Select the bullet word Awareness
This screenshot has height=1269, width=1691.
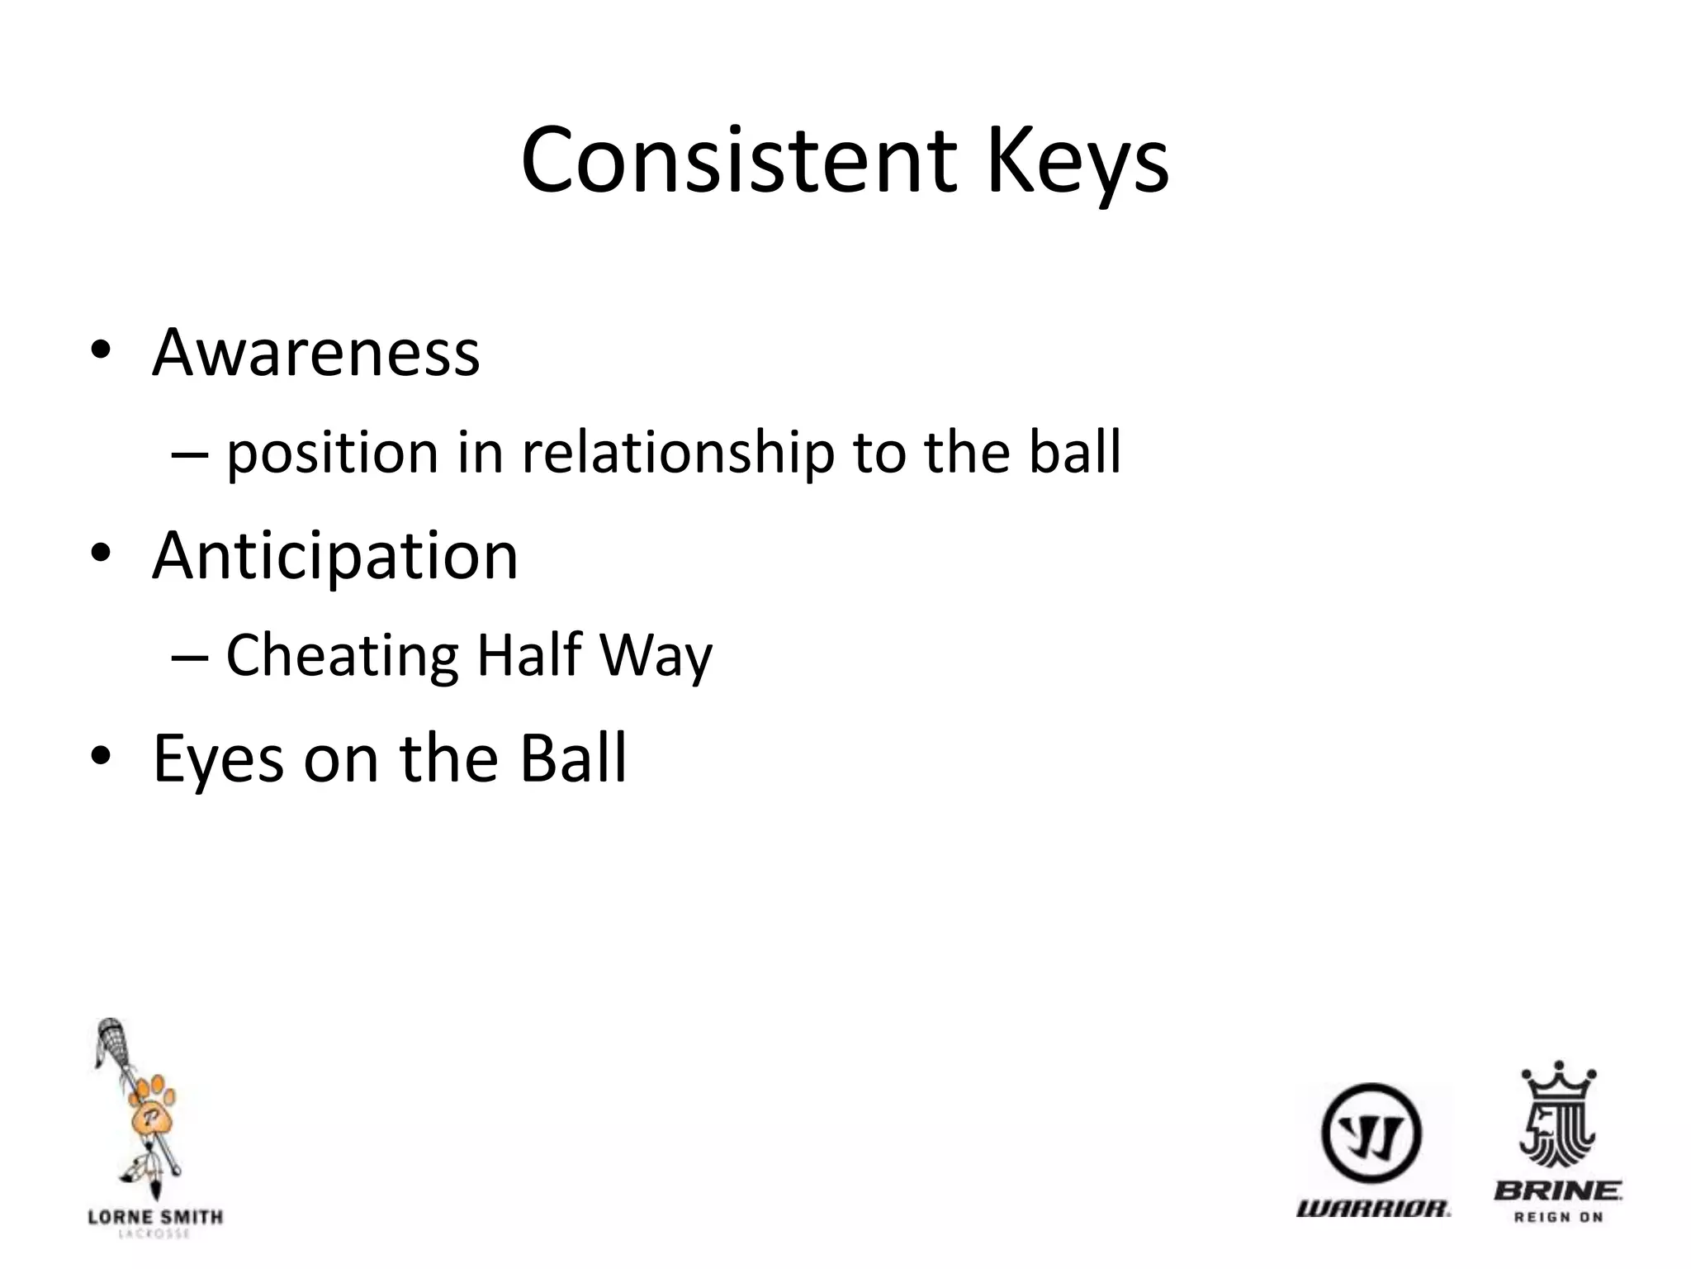coord(315,353)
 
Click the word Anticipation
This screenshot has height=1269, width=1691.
coord(335,556)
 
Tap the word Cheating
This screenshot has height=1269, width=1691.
coord(342,655)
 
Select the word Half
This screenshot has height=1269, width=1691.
coord(529,655)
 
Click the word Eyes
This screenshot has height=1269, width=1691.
coord(219,758)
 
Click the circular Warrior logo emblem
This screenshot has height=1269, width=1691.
coord(1371,1134)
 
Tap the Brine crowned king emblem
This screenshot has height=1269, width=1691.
coord(1557,1115)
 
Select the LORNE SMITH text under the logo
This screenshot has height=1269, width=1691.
coord(155,1217)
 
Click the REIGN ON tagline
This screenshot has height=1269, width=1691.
coord(1558,1217)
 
